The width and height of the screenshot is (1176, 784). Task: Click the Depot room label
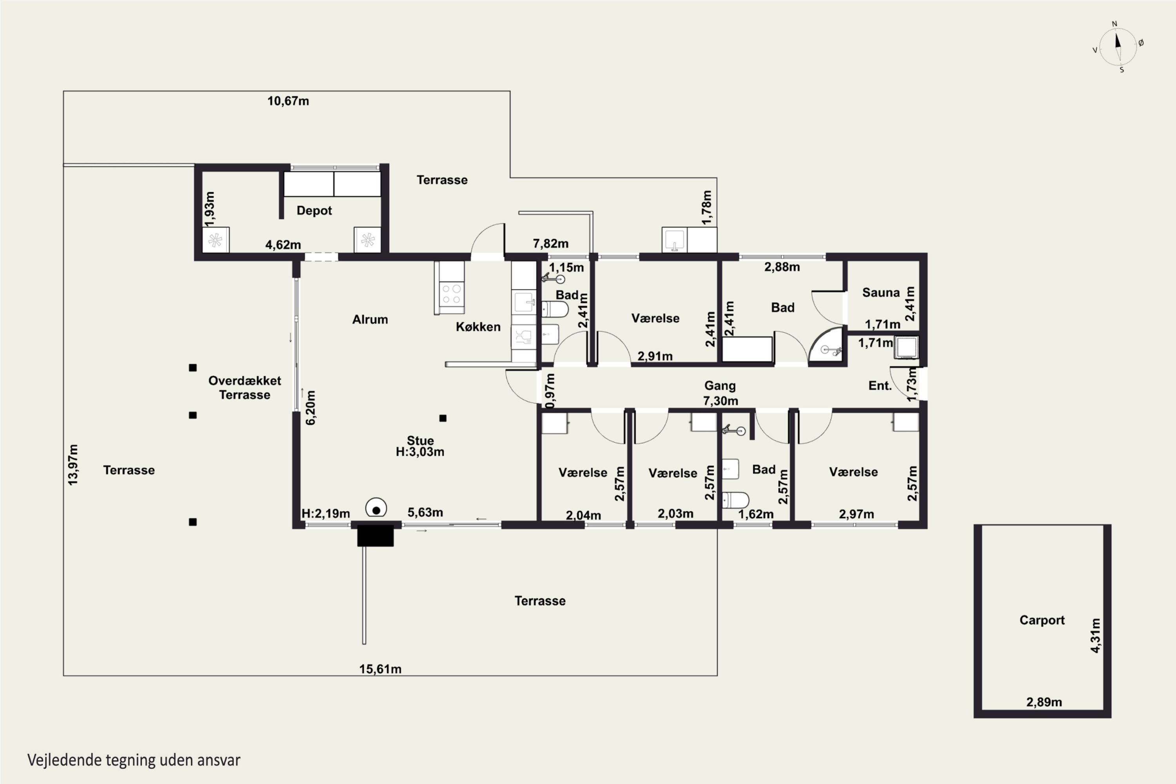pos(314,211)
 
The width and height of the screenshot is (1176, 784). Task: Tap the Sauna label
pos(880,292)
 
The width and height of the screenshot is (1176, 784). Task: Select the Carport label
pos(1042,620)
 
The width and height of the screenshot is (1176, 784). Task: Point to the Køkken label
pos(478,327)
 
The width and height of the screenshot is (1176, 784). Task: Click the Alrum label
pos(370,319)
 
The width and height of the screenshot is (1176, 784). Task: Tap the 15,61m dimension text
pos(380,669)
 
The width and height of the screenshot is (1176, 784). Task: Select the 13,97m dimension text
pos(73,465)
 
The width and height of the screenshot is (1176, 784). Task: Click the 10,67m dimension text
pos(288,101)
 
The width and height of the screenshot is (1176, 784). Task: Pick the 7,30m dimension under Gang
pos(720,401)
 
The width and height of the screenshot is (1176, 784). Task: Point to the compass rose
pos(1118,47)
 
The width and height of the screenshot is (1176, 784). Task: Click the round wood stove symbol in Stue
pos(376,508)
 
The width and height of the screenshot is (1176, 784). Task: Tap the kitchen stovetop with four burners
pos(452,294)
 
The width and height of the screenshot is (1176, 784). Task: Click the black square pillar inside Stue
pos(443,418)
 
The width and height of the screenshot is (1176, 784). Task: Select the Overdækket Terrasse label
pos(245,388)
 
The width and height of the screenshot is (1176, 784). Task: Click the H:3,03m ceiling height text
pos(420,452)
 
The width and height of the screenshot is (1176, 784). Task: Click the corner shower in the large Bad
pos(828,346)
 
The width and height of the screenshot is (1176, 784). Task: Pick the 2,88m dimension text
pos(782,267)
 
